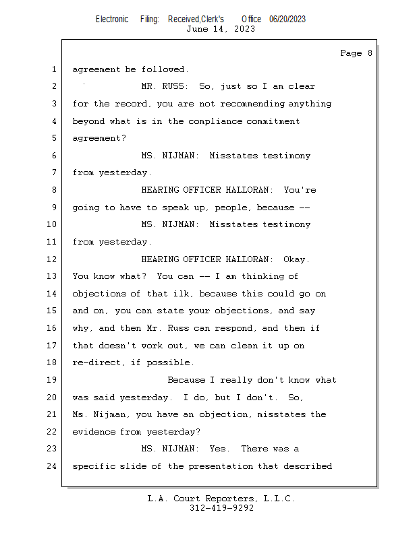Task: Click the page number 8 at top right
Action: coord(370,53)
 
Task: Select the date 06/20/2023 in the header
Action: coord(287,20)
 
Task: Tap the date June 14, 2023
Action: coord(221,29)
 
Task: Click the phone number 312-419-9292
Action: coord(221,508)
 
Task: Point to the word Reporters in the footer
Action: coord(231,499)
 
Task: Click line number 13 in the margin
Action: coord(51,276)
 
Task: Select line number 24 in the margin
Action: coord(51,466)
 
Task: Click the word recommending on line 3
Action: coord(252,104)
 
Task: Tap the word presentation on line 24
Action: coord(221,466)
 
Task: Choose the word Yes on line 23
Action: coord(218,449)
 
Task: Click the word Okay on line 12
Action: coord(296,259)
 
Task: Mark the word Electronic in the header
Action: coord(112,20)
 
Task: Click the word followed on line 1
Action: coord(165,69)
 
